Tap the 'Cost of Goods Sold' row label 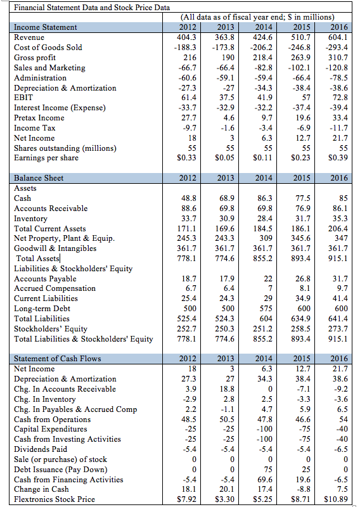48,47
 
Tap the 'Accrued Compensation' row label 55,288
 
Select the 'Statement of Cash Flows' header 57,358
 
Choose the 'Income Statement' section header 46,27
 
